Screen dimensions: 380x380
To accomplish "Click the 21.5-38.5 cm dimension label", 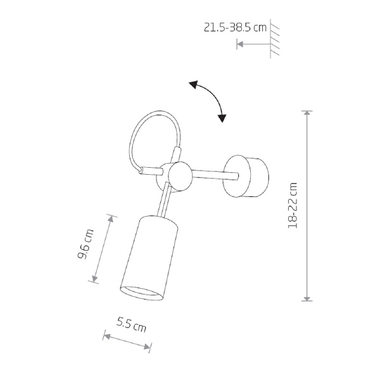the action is tap(235, 27).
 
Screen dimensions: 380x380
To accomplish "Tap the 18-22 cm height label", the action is tap(293, 205).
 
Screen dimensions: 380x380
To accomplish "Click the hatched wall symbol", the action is tap(275, 38).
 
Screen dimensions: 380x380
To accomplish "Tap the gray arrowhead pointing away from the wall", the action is tap(240, 44).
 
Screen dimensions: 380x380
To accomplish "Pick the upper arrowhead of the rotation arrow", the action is tap(194, 84).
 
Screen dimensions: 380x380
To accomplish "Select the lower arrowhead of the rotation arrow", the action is tap(222, 118).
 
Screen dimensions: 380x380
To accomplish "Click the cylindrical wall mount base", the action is tap(246, 176).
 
